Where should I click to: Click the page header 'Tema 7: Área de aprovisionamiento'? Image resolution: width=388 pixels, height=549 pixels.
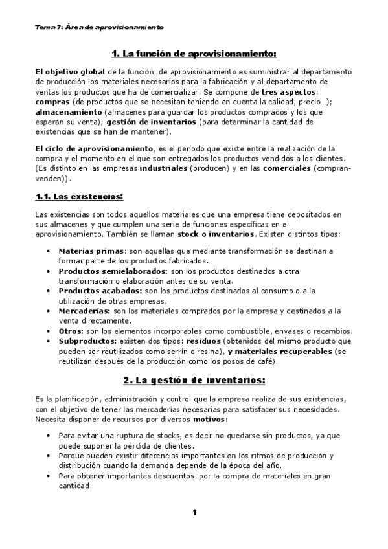[x=99, y=28]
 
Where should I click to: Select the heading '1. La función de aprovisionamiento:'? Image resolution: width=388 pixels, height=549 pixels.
[x=194, y=53]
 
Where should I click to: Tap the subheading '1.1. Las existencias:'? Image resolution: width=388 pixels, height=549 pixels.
[x=79, y=196]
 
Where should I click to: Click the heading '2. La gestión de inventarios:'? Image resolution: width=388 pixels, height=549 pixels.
[x=194, y=379]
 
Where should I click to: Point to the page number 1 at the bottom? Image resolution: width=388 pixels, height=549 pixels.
[x=194, y=513]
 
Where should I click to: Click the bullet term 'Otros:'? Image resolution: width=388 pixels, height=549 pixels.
[x=71, y=331]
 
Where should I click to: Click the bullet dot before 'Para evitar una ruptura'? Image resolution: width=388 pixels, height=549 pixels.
[x=50, y=436]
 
